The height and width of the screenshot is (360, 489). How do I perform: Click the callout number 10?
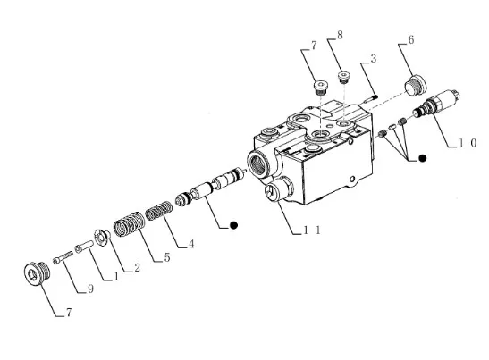[468, 143]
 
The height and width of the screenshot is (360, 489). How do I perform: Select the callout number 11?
[312, 230]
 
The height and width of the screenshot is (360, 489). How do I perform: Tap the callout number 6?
[411, 40]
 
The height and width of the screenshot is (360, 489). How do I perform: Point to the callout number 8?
[340, 35]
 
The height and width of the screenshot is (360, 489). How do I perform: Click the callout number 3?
[373, 58]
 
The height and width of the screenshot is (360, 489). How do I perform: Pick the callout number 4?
[191, 244]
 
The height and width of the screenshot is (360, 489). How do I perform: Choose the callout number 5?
[167, 257]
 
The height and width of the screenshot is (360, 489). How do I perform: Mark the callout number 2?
[137, 267]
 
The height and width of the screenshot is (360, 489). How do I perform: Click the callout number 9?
[90, 289]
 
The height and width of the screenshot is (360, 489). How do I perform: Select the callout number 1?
[116, 276]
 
